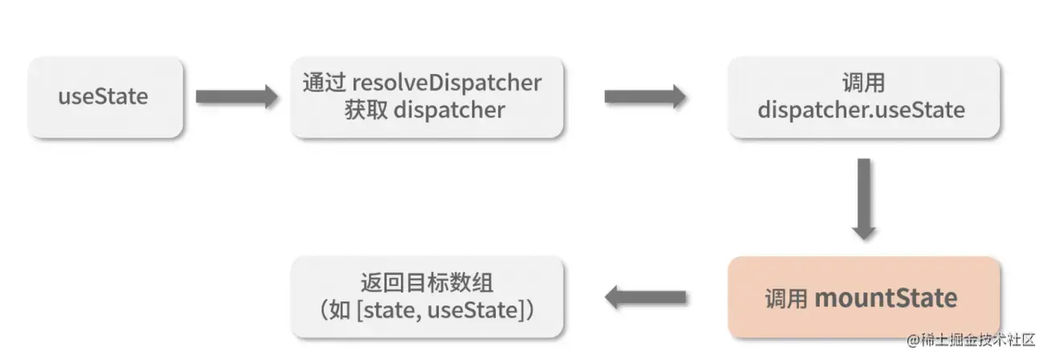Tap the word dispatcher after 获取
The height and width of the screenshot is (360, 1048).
coord(449,109)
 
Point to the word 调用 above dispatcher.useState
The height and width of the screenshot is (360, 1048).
coord(863,83)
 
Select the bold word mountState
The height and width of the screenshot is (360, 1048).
coord(886,299)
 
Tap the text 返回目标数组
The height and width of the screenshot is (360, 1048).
coord(427,284)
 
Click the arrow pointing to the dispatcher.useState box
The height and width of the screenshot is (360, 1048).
coord(645,97)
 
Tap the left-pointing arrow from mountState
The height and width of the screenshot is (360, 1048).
coord(645,298)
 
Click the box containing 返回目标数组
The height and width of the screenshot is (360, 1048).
coord(427,297)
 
